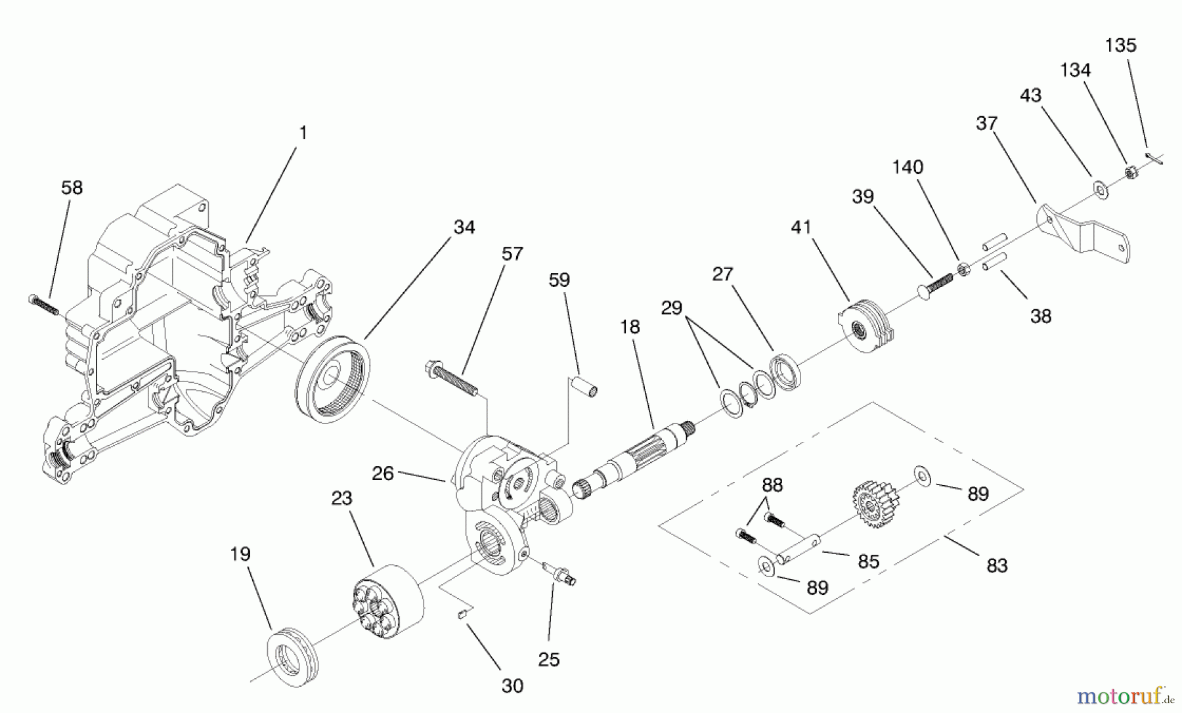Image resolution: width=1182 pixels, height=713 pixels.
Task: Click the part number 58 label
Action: (72, 188)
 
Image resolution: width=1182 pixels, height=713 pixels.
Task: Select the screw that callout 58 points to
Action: (44, 304)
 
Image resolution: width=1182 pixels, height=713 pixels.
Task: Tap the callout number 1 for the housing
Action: (303, 133)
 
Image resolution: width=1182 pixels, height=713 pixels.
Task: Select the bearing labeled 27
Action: (786, 375)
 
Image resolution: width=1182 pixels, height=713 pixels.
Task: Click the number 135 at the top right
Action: (1120, 46)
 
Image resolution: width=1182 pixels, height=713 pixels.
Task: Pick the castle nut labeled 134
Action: (1131, 173)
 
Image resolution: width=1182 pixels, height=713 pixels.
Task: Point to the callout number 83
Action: (996, 565)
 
